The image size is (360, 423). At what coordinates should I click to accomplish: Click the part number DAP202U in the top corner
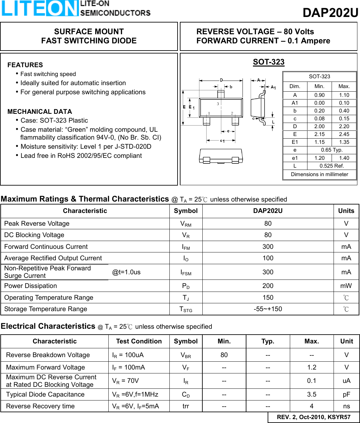(x=330, y=13)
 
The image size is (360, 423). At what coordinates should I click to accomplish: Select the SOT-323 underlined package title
(x=269, y=62)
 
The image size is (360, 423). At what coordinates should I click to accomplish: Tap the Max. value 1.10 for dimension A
(x=344, y=95)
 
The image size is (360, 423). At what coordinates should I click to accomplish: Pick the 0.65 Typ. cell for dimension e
(x=332, y=150)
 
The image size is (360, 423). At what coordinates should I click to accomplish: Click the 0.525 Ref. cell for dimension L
(x=332, y=166)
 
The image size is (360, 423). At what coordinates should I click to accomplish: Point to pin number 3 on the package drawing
(x=218, y=104)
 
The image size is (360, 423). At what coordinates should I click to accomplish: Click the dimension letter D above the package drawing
(x=221, y=80)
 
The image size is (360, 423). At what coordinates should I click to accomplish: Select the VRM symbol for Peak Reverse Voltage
(x=186, y=224)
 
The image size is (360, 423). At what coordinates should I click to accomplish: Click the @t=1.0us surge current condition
(x=126, y=272)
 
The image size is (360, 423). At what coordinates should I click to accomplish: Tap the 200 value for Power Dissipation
(x=268, y=286)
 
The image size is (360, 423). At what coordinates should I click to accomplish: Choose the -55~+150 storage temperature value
(x=268, y=309)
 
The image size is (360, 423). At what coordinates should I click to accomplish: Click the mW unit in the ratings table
(x=346, y=286)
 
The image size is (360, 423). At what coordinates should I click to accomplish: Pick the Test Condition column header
(x=139, y=341)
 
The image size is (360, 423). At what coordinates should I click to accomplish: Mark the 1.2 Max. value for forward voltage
(x=311, y=368)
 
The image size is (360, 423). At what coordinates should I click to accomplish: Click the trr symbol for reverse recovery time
(x=186, y=406)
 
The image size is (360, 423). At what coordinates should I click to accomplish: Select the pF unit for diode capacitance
(x=346, y=395)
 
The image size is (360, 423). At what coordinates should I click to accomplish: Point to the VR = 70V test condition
(x=126, y=381)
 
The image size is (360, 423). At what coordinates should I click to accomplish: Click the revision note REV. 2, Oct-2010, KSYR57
(x=313, y=417)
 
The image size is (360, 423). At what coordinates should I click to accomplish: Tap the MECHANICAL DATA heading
(x=40, y=112)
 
